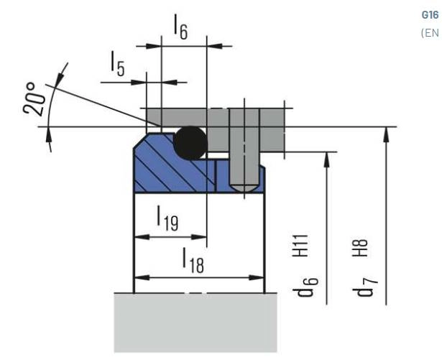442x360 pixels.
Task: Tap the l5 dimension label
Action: point(117,67)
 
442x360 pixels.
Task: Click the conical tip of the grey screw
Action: point(245,188)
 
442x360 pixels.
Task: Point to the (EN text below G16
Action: point(430,32)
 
